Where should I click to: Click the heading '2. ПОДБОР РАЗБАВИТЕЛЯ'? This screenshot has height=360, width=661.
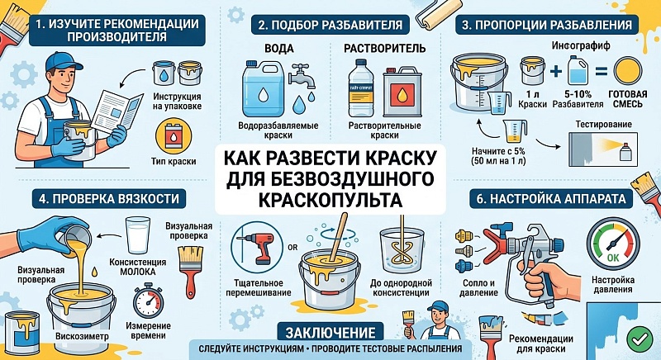[x=330, y=25]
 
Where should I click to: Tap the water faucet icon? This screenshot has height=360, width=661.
[x=302, y=76]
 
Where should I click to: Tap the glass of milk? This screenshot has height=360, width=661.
[x=138, y=235]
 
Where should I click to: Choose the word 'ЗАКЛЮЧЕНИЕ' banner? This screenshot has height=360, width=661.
[x=330, y=333]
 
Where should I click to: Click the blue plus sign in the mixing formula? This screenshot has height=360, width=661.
[x=556, y=71]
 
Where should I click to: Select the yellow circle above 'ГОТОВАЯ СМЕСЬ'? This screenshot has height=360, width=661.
[x=628, y=71]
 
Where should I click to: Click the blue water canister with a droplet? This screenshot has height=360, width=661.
[x=263, y=89]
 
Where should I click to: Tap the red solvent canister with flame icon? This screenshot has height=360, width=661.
[x=402, y=92]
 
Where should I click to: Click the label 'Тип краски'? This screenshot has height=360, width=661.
[x=174, y=161]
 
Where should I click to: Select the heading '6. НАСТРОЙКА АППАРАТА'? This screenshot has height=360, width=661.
[x=551, y=199]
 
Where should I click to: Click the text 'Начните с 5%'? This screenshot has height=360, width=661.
[x=498, y=151]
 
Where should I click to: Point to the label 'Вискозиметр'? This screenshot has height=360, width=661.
[x=82, y=336]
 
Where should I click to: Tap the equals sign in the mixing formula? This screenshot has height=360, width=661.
[x=602, y=71]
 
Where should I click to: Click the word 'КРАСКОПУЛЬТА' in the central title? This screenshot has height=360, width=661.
[x=330, y=200]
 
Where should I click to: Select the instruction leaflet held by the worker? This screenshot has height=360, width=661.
[x=117, y=111]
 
